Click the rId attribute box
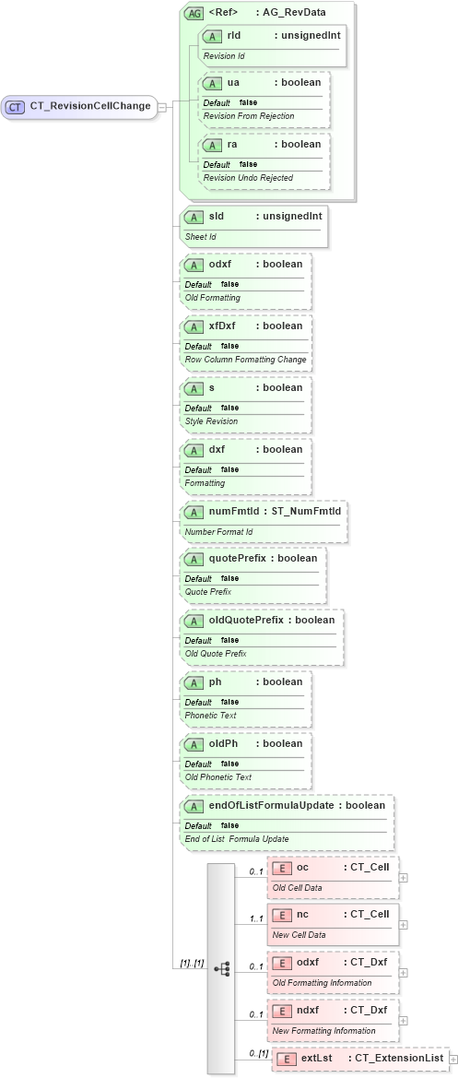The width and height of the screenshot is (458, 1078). [x=272, y=44]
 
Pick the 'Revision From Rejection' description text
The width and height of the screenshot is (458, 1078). [x=248, y=115]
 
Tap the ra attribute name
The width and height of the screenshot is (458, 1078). [x=233, y=144]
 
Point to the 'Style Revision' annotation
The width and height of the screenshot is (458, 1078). [x=211, y=421]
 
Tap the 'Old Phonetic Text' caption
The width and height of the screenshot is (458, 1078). [x=217, y=776]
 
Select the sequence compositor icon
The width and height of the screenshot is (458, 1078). [x=221, y=968]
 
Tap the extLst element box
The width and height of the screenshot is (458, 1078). [x=358, y=1058]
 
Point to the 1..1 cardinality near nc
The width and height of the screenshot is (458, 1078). [x=256, y=918]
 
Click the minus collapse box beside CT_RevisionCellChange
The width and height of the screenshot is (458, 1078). [x=162, y=106]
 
